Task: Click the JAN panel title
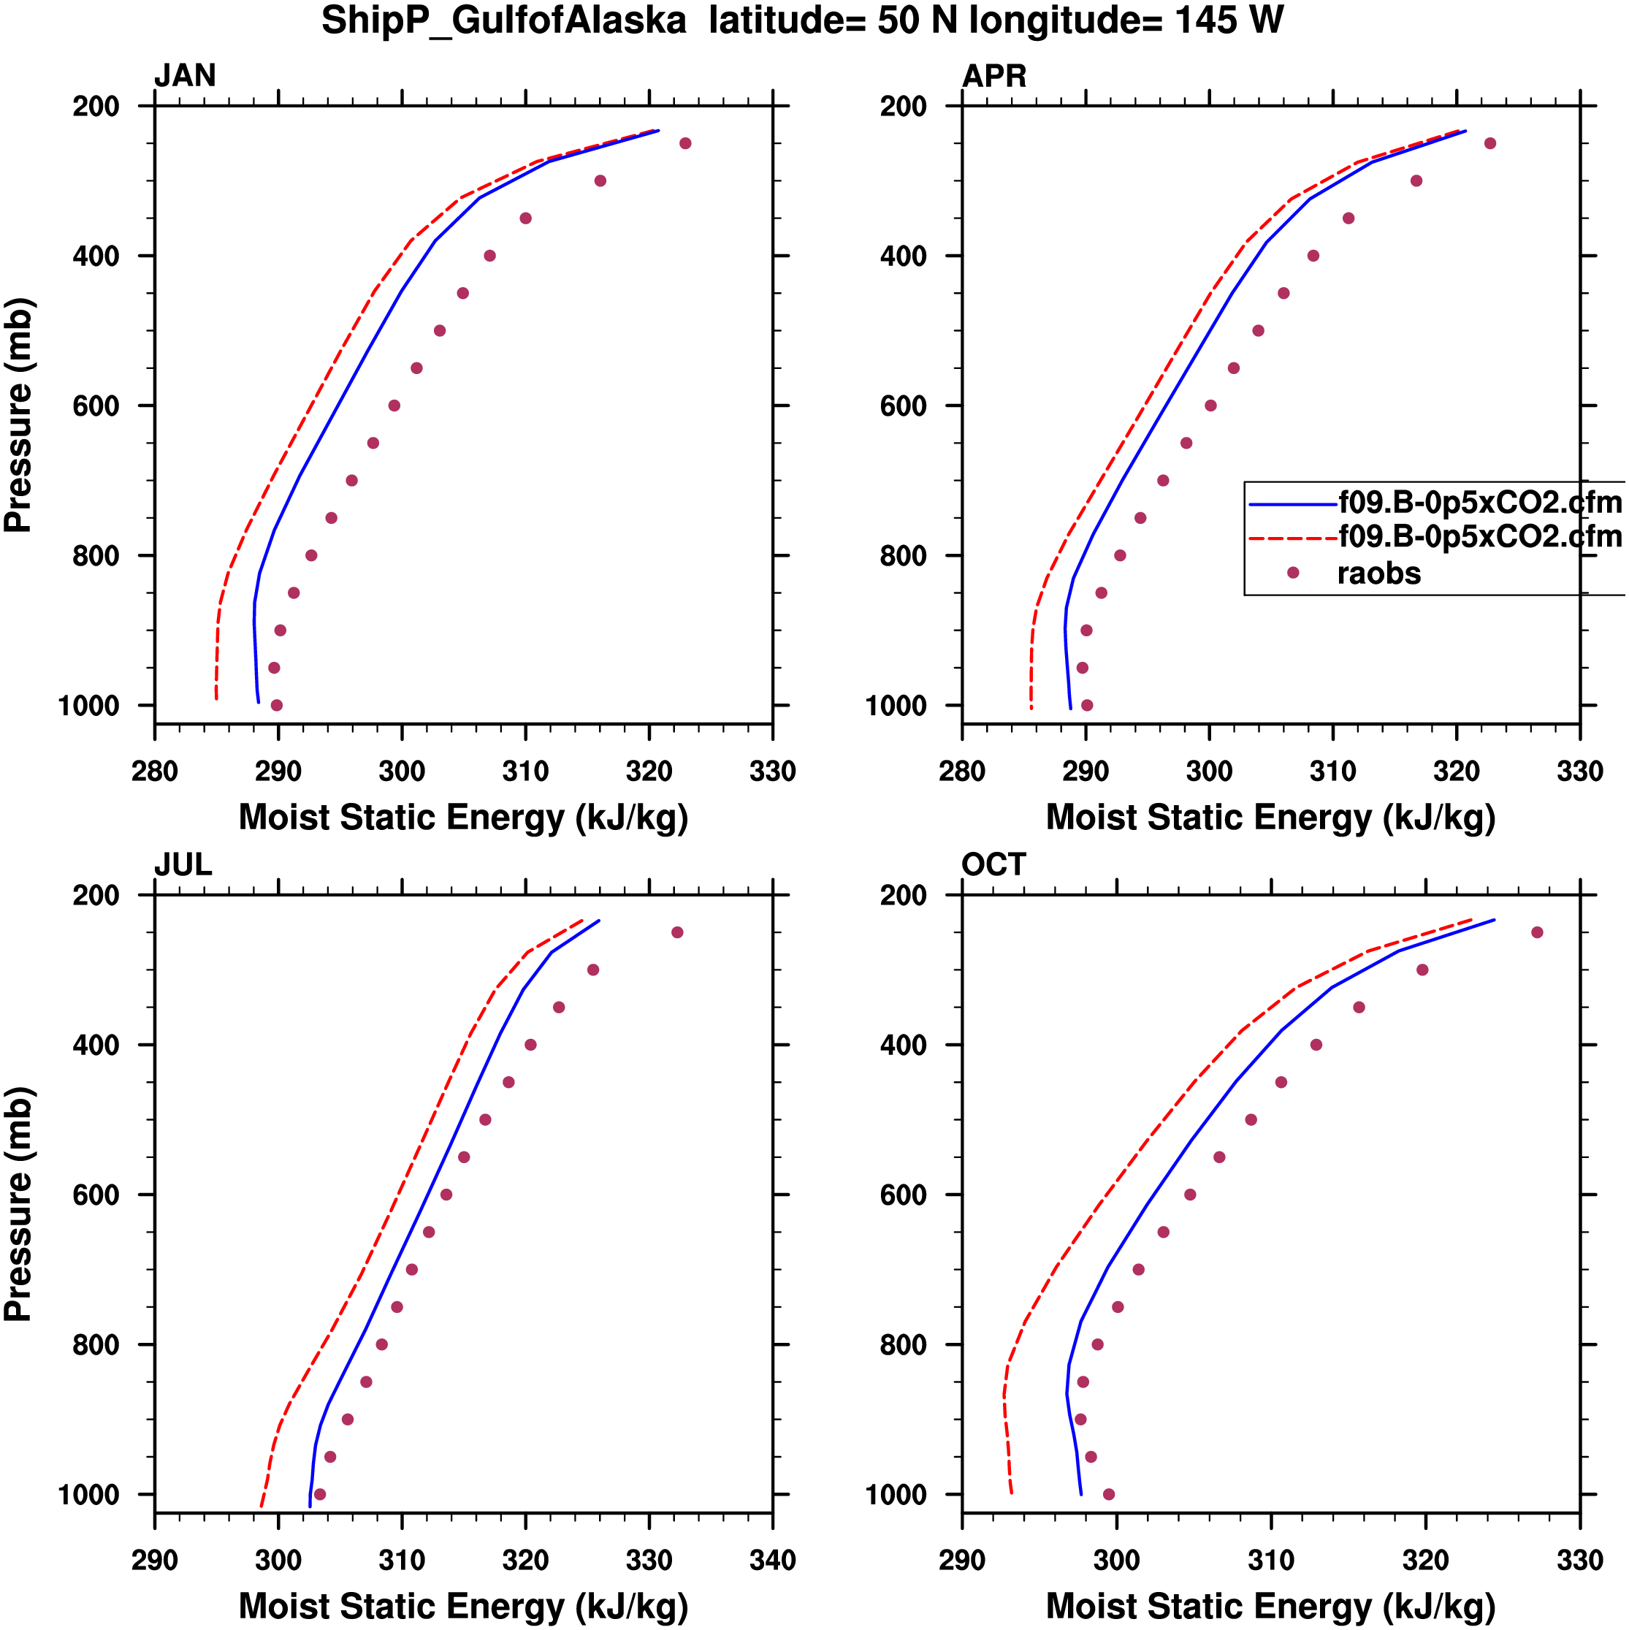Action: coord(185,76)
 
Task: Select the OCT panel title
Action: coord(993,865)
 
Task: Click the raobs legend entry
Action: coord(1378,574)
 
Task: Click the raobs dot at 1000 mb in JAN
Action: coord(277,705)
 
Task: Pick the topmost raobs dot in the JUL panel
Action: coord(676,932)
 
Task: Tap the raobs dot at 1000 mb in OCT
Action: coord(1108,1494)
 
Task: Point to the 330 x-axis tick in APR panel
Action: coord(1579,771)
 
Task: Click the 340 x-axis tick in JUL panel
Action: coord(772,1560)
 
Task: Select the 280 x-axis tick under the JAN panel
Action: coord(154,771)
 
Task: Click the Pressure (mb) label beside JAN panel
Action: coord(18,415)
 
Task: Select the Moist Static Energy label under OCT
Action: coord(1270,1607)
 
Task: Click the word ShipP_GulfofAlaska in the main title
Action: coord(503,21)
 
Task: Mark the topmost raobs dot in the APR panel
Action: coord(1489,143)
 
